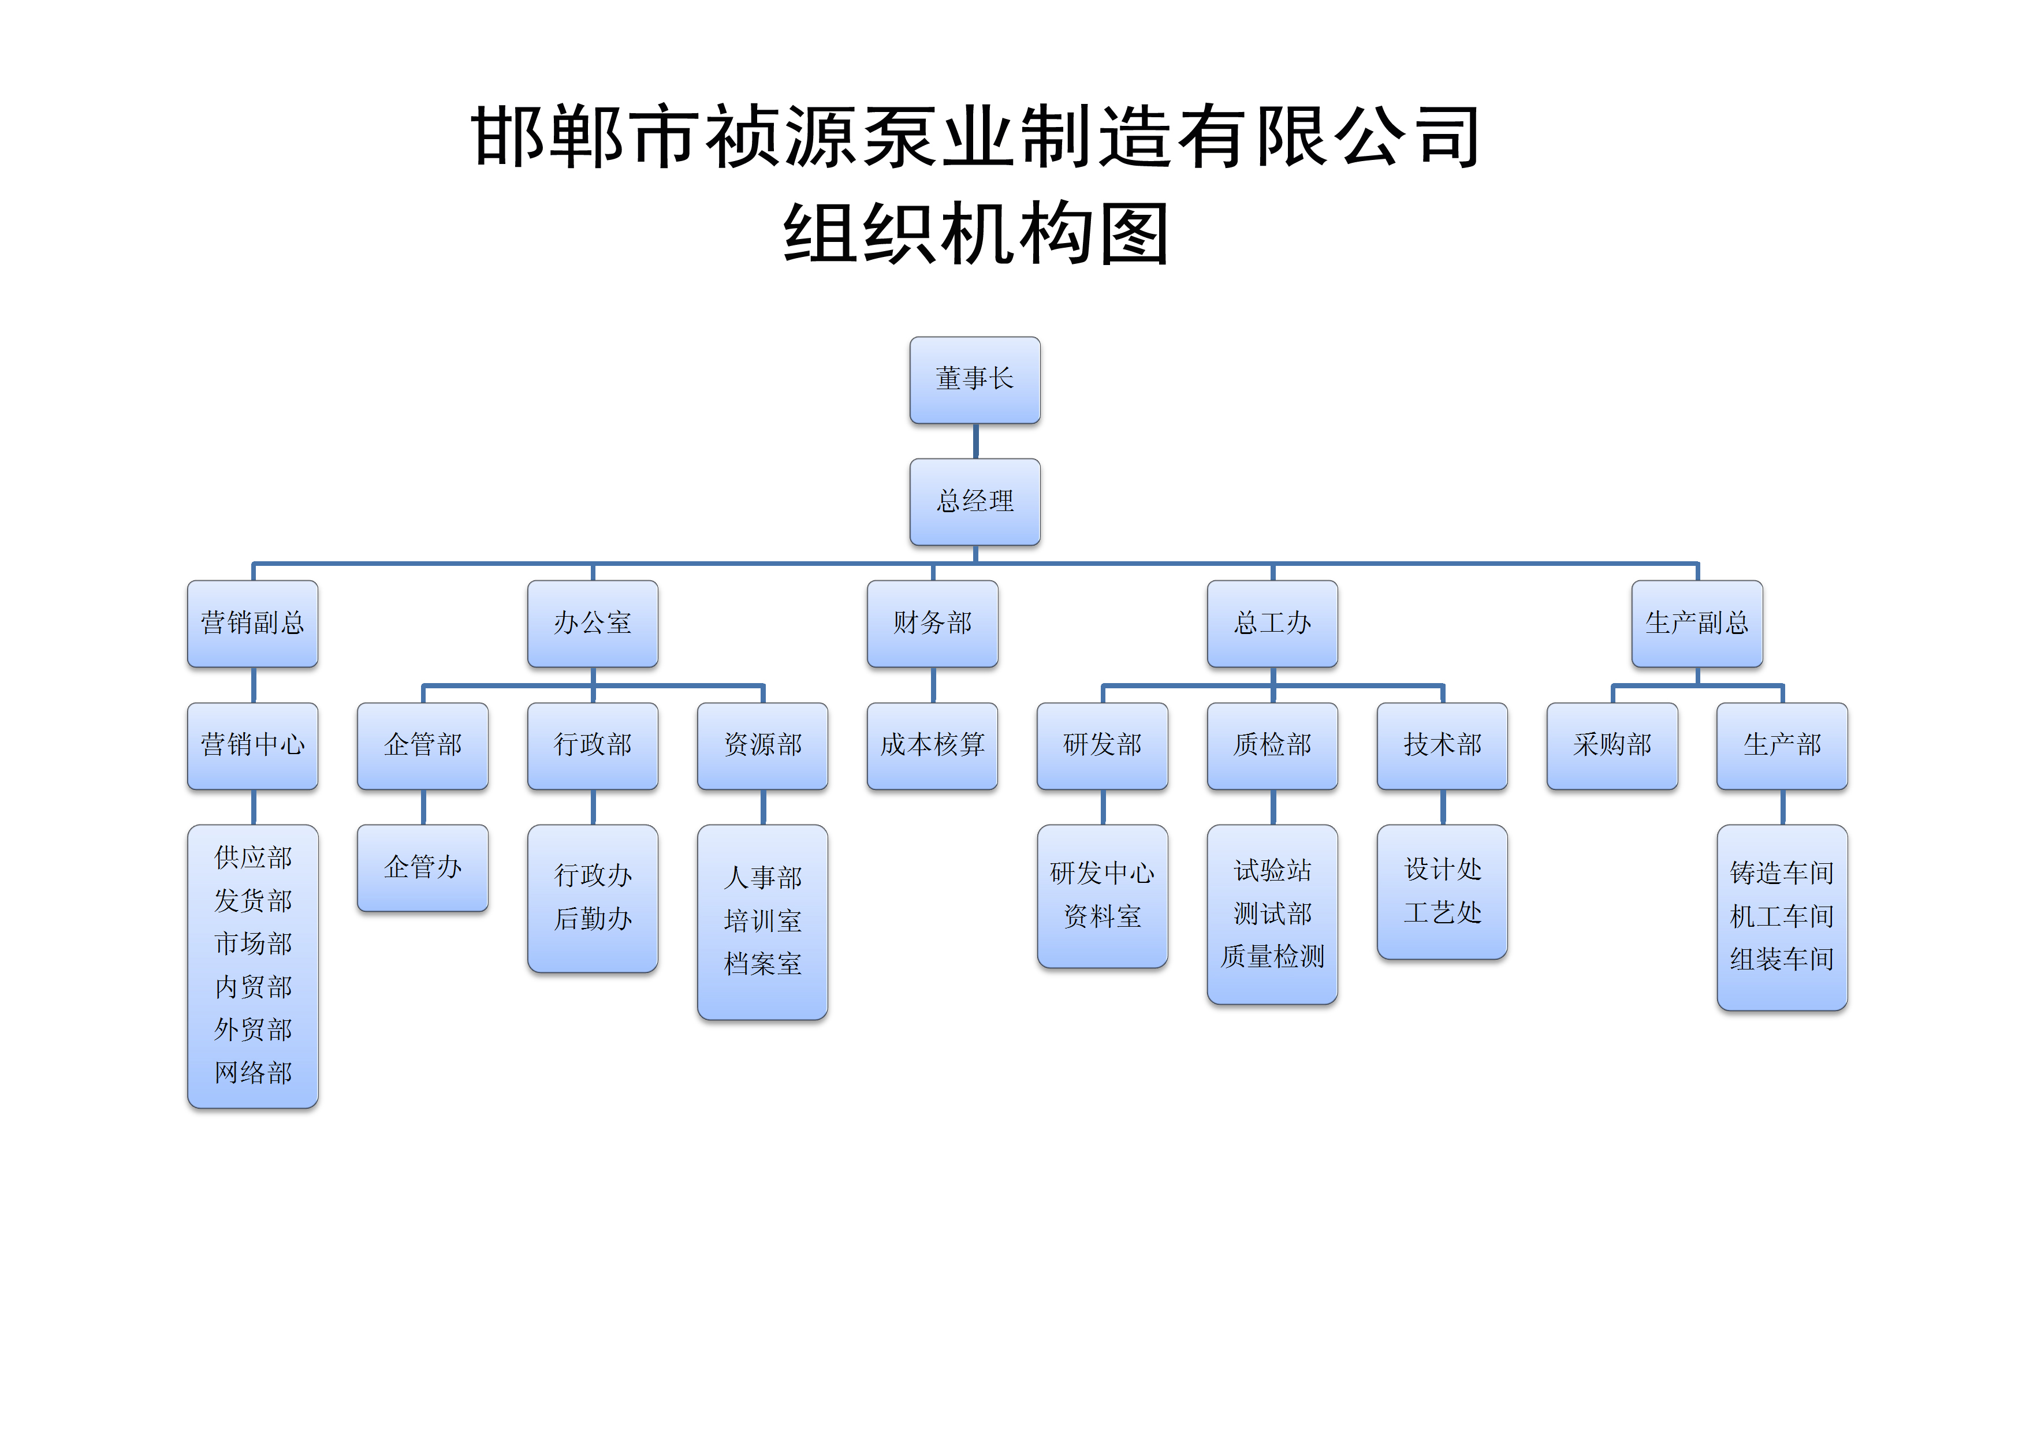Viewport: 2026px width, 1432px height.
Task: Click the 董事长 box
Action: tap(974, 379)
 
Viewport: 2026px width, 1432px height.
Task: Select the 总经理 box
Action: tap(974, 501)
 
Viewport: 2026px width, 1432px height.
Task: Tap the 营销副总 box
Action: tap(252, 623)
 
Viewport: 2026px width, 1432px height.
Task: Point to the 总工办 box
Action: tap(1272, 623)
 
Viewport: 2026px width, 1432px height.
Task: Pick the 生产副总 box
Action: tap(1696, 623)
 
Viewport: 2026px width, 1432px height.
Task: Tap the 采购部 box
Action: tap(1611, 745)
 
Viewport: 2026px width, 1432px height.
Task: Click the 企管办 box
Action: tap(423, 867)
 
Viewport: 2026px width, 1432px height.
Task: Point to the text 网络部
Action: tap(253, 1073)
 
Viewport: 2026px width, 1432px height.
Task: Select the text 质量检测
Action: tap(1272, 956)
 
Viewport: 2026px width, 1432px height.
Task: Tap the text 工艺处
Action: tap(1442, 912)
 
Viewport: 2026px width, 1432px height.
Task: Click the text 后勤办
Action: tap(593, 919)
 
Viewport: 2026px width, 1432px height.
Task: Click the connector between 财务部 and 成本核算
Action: tap(933, 685)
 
